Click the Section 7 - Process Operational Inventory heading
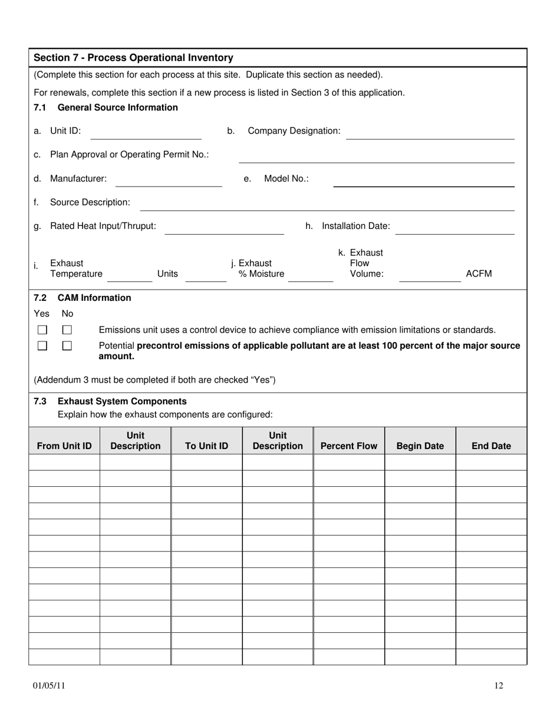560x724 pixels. [x=133, y=58]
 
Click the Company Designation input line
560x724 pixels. [x=430, y=134]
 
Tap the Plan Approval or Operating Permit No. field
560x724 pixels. [x=376, y=157]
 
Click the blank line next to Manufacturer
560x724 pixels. [x=168, y=181]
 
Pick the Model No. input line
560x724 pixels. [x=423, y=181]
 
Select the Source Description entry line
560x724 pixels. [x=327, y=205]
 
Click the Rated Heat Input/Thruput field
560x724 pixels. [x=224, y=229]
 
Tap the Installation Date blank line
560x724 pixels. [x=454, y=229]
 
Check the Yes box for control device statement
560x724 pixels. [x=42, y=330]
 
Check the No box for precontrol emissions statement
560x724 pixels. [x=67, y=346]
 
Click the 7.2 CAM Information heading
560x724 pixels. [x=83, y=298]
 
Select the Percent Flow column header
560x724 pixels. [x=348, y=446]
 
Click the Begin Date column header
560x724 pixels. [x=420, y=446]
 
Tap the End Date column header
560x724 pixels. [x=491, y=446]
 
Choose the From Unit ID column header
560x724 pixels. [x=64, y=446]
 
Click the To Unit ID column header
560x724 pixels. [x=206, y=446]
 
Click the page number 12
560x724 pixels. [x=499, y=685]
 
